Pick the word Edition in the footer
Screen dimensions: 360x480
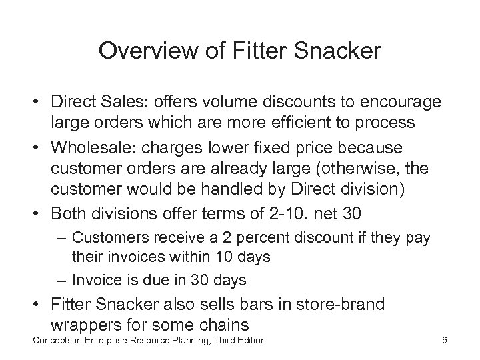249,341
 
